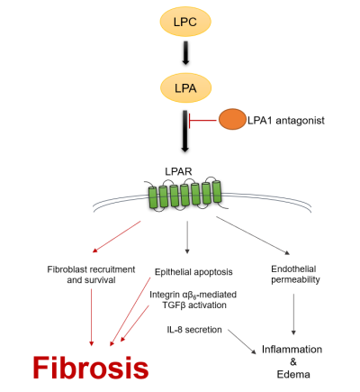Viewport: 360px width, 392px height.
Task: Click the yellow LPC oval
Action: [185, 22]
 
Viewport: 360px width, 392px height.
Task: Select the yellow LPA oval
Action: [185, 88]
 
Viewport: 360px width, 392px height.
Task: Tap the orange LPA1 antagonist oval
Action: [232, 119]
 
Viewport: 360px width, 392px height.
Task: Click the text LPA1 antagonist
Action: [286, 121]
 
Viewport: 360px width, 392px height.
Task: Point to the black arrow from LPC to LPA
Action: [185, 53]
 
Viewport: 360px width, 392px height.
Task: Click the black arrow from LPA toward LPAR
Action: [185, 131]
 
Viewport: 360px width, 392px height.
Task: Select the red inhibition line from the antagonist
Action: [202, 121]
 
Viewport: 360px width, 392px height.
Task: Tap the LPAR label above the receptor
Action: [178, 171]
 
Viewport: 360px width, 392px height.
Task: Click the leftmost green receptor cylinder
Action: [153, 197]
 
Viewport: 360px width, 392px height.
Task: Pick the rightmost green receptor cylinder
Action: [217, 191]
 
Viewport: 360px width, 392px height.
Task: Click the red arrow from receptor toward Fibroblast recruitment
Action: [116, 237]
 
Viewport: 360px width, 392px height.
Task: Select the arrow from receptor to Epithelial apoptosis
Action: [187, 238]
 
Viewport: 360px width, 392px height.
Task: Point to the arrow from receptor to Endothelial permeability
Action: [253, 235]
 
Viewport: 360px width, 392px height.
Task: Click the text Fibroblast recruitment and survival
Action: [91, 275]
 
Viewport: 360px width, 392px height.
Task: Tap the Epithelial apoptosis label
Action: [193, 272]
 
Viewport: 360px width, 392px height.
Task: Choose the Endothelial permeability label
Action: [295, 274]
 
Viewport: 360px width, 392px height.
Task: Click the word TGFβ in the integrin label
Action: [173, 305]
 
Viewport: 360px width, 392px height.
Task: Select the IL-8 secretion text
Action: [194, 330]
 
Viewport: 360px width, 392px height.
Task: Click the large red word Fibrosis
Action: [91, 368]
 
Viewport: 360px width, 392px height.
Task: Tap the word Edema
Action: [293, 375]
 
